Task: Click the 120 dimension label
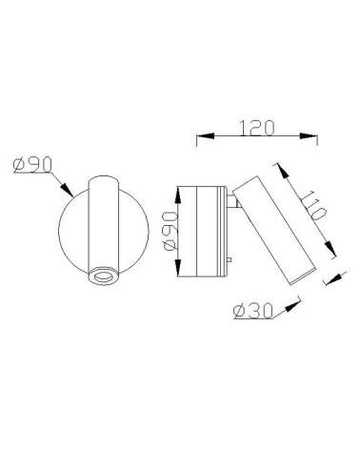[257, 128]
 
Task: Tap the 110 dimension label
[313, 206]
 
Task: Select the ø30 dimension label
[253, 311]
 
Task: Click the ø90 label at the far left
[32, 165]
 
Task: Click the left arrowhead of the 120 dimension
[206, 136]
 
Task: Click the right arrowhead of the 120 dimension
[309, 136]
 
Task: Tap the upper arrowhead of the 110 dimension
[284, 172]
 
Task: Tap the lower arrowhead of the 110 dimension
[330, 249]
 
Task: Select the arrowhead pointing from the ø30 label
[292, 306]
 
